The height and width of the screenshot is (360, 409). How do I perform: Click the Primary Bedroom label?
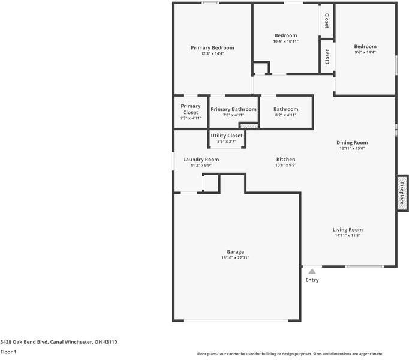(212, 47)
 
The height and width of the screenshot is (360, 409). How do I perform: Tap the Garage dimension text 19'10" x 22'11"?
(235, 258)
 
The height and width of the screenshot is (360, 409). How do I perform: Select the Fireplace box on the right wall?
(402, 193)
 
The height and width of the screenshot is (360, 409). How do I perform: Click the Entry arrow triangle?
(312, 271)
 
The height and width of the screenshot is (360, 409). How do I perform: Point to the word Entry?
(312, 280)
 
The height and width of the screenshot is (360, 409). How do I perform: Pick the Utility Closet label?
(227, 136)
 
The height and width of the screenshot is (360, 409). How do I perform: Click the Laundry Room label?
(201, 160)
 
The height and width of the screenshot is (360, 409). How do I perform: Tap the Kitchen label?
(285, 160)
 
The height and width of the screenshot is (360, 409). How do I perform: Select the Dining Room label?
(352, 143)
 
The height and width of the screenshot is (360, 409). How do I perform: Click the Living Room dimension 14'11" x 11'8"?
(348, 236)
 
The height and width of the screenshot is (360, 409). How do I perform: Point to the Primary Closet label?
(191, 109)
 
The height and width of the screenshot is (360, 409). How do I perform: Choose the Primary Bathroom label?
(233, 109)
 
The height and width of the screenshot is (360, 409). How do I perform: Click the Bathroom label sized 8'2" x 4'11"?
(285, 109)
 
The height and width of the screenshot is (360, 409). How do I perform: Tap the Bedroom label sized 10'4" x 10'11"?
(285, 35)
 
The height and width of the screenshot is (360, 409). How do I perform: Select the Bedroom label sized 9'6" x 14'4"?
(365, 47)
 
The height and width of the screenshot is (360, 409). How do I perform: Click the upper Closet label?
(327, 21)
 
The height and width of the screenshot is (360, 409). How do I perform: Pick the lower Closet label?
(327, 57)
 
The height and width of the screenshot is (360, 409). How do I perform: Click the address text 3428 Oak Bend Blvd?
(59, 342)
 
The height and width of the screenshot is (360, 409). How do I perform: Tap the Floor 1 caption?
(8, 352)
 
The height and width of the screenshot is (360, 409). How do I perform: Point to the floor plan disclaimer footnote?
(290, 354)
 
